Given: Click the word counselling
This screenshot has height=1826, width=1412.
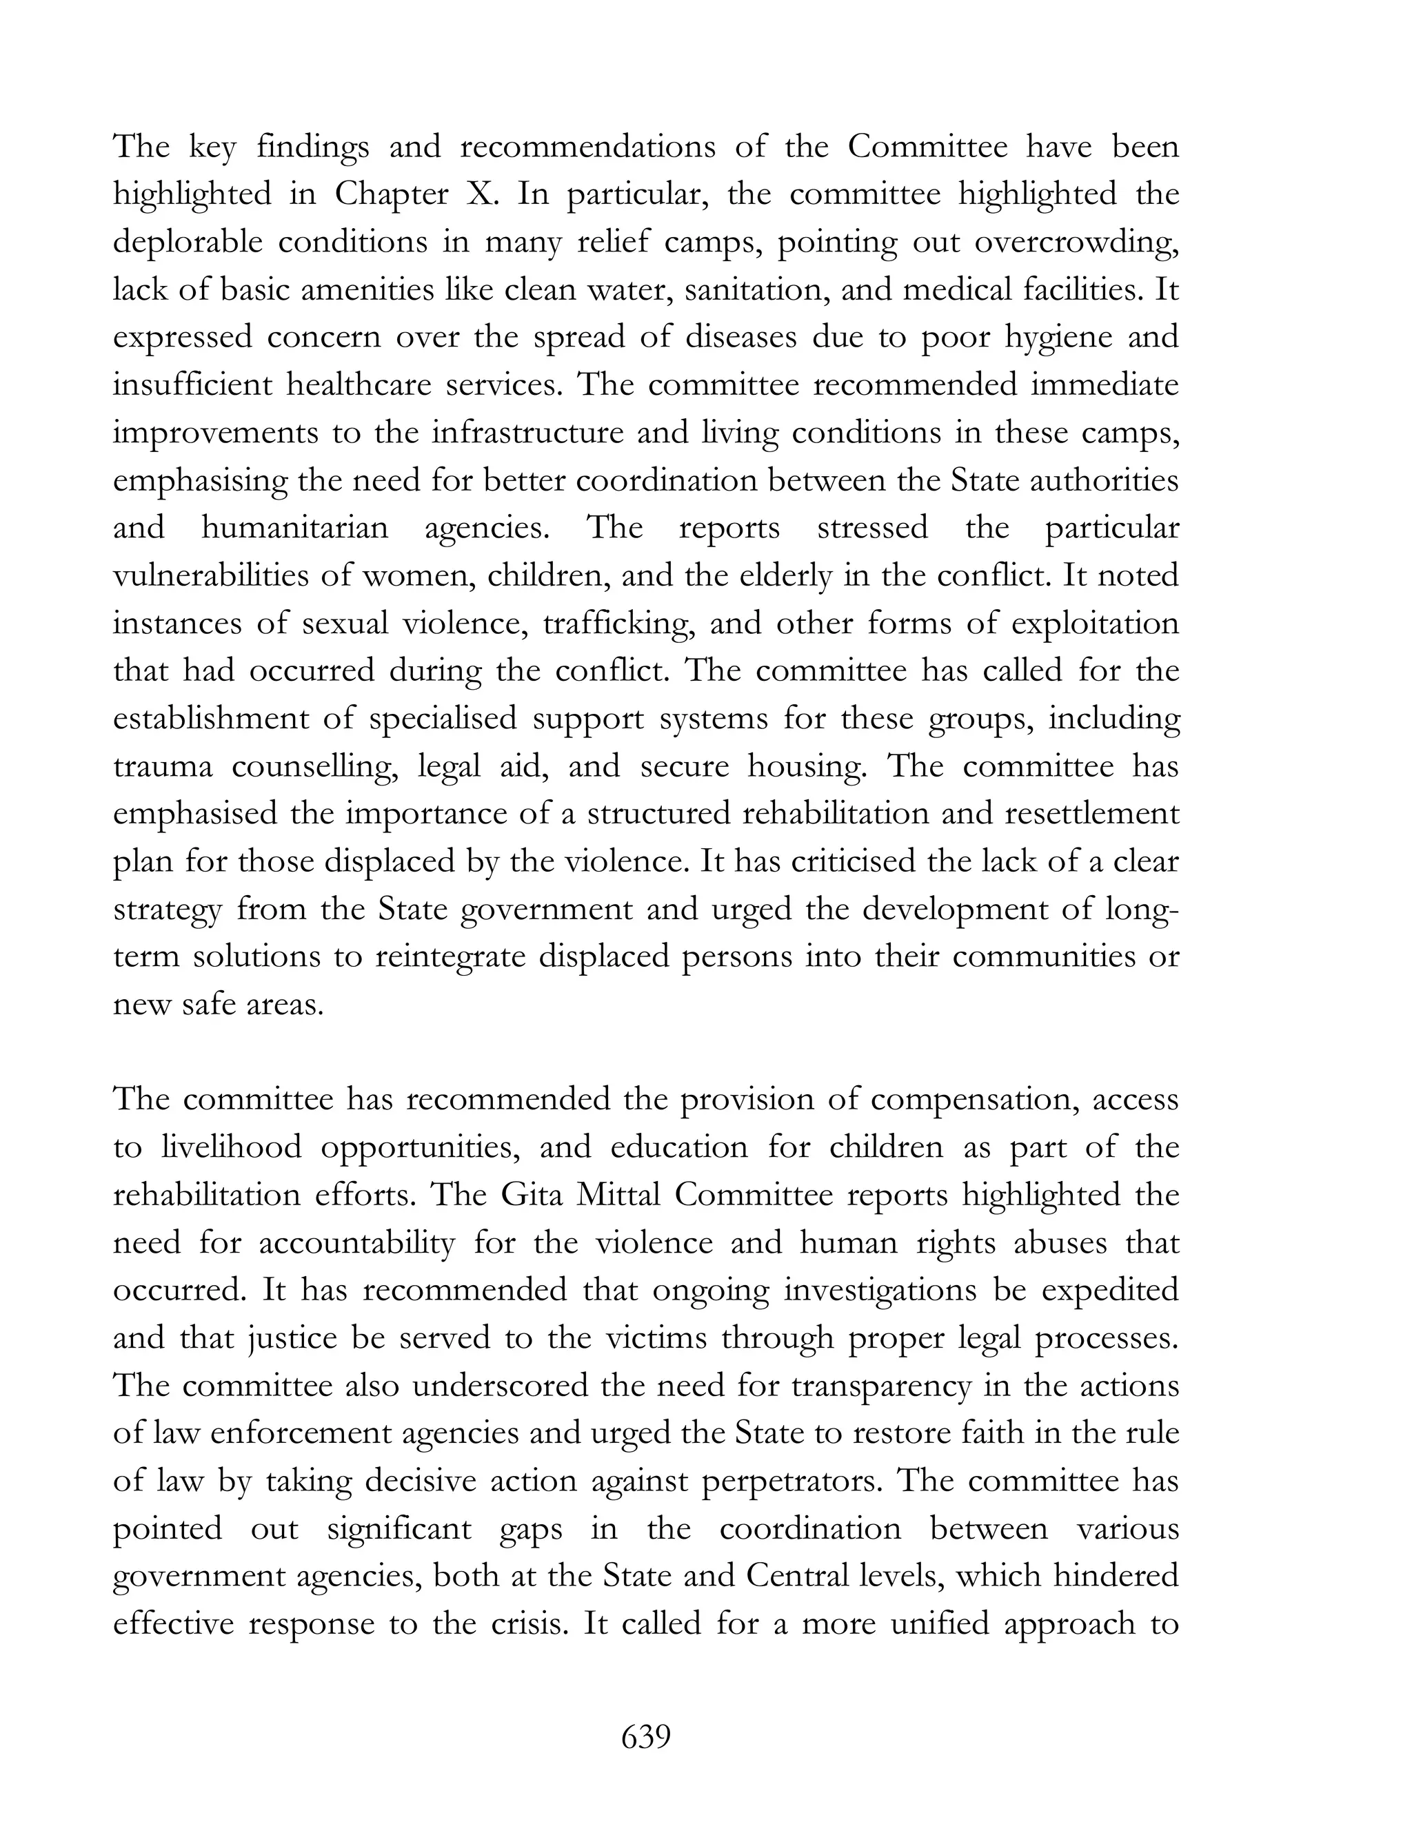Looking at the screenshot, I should point(314,767).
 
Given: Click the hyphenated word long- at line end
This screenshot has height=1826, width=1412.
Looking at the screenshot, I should point(1140,909).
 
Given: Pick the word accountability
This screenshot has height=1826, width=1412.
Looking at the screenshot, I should point(356,1243).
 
